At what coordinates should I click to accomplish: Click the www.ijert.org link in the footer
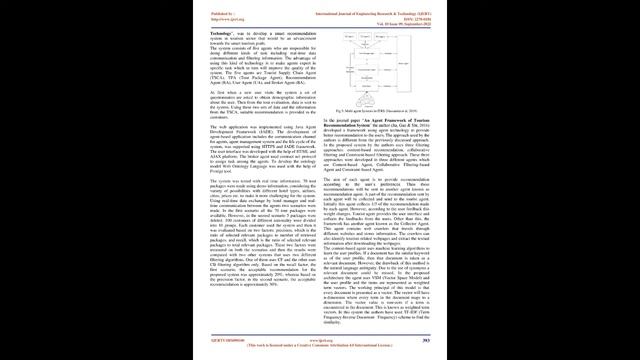(320, 339)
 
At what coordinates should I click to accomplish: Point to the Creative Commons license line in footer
(320, 345)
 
